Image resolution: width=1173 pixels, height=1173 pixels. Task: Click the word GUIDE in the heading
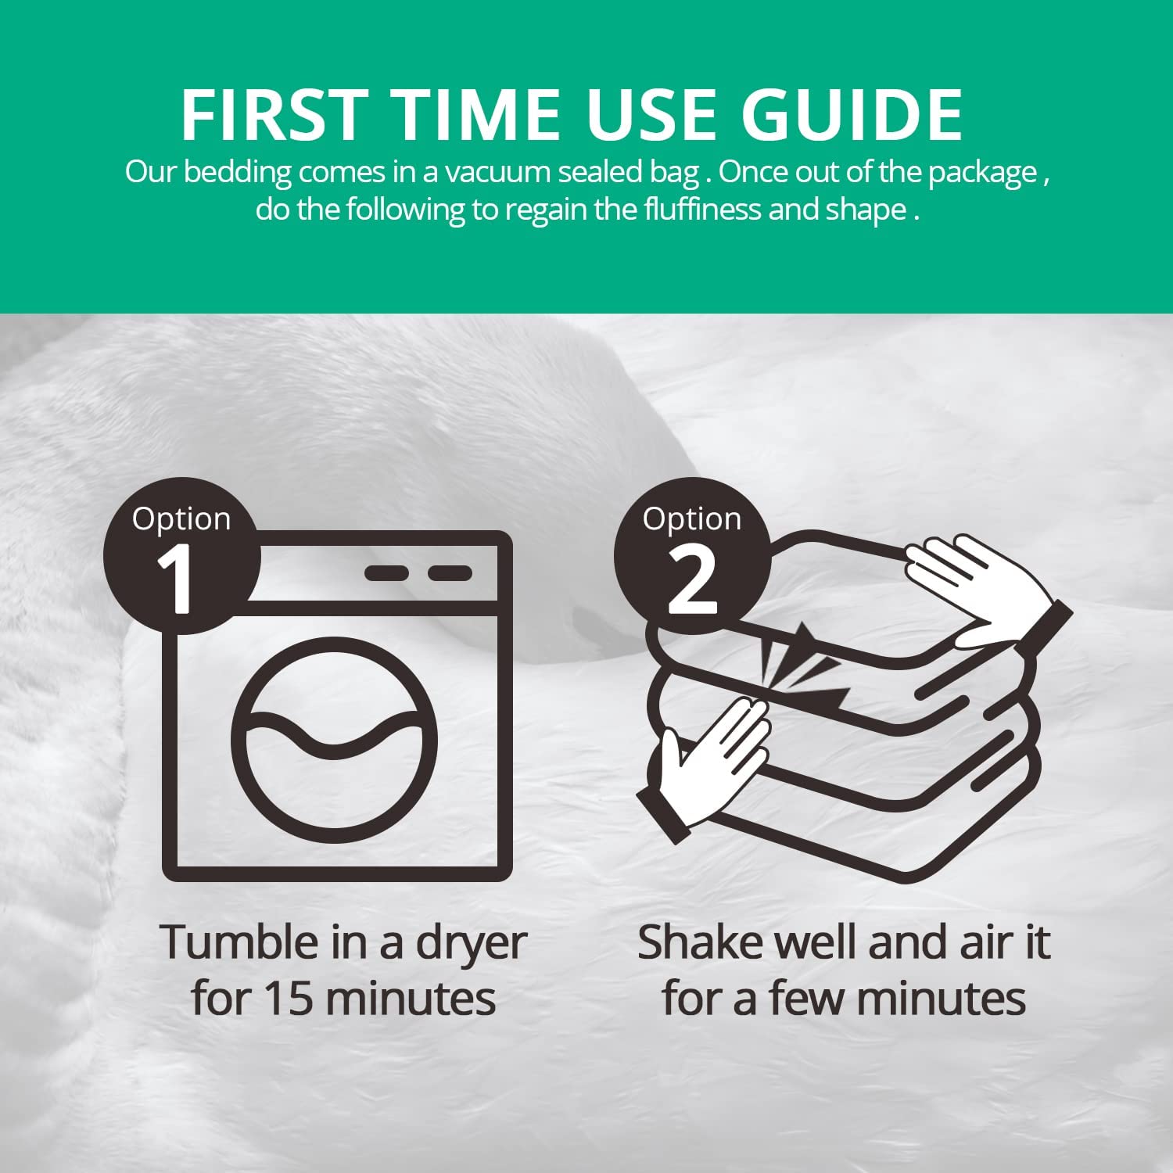pos(852,114)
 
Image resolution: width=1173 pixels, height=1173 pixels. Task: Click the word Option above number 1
pos(181,519)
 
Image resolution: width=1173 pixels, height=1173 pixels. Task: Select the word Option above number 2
pos(692,519)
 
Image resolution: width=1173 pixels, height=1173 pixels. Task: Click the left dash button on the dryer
pos(386,573)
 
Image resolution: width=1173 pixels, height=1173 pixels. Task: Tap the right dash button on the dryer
pos(450,573)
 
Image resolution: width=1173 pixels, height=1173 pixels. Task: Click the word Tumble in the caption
pos(239,942)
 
